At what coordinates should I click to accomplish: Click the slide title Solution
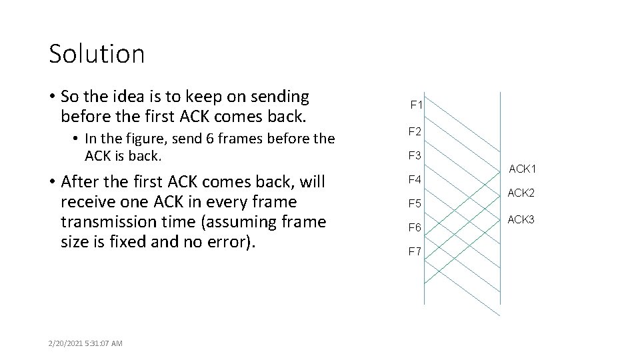97,54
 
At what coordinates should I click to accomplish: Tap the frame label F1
417,105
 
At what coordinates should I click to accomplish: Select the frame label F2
415,132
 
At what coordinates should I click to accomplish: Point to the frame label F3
415,156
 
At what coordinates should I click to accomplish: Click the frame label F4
415,179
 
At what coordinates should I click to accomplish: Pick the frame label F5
415,203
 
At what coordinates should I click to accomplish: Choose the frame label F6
415,227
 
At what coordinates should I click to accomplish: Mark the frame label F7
415,251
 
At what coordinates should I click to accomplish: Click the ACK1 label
523,169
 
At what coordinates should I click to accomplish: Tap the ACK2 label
521,193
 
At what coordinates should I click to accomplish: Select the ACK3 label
521,219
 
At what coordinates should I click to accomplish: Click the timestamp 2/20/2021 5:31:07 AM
85,343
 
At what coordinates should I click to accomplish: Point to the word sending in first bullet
283,97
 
